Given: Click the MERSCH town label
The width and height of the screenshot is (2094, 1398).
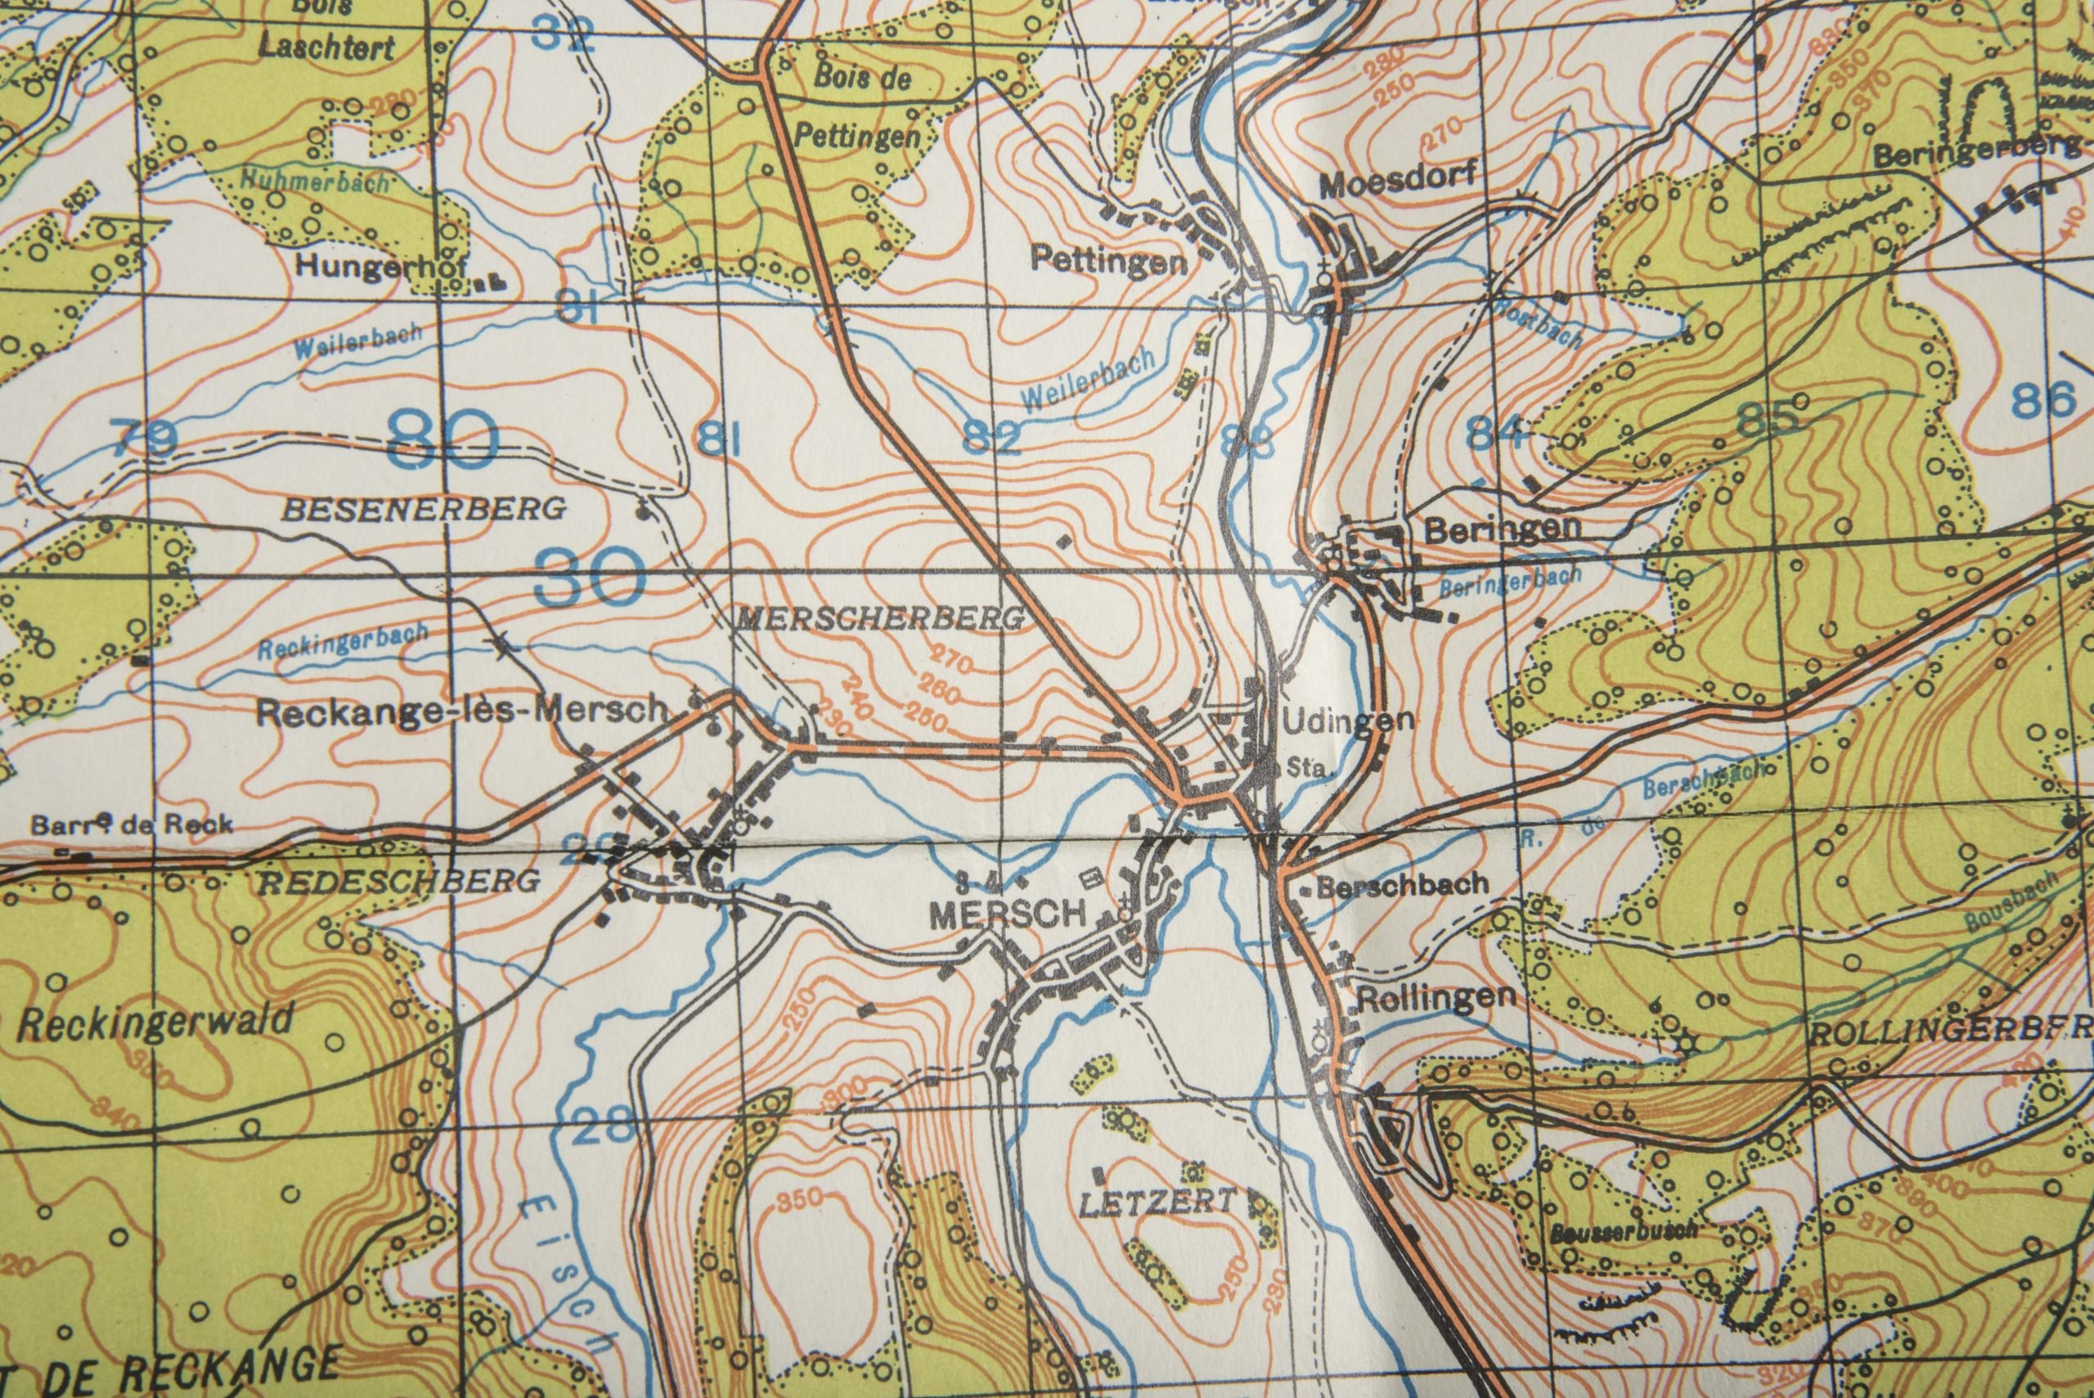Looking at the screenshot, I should (1008, 914).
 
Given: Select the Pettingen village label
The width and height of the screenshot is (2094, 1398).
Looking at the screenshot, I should (1108, 260).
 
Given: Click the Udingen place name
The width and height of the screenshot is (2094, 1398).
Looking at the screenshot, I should (1347, 721).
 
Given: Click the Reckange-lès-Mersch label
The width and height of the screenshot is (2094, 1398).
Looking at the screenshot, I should (461, 711).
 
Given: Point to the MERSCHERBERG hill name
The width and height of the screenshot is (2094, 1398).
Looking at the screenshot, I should (879, 618).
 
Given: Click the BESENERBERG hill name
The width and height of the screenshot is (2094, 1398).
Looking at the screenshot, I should (424, 509).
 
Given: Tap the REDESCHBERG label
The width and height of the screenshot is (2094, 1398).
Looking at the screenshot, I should (398, 881).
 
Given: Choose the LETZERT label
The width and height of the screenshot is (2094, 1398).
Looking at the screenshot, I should (1159, 1203).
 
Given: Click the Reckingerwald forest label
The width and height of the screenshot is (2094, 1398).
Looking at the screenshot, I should (156, 1022).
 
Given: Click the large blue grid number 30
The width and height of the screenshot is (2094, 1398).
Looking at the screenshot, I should (590, 577).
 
